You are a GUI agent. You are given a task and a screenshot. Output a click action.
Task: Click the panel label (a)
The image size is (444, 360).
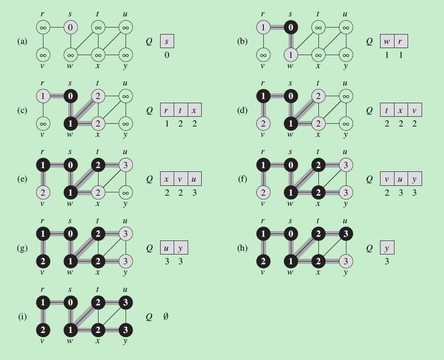(x=22, y=42)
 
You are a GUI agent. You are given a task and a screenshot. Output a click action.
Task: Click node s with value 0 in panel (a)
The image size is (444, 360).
(x=70, y=28)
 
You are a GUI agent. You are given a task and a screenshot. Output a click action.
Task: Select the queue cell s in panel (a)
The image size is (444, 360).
(x=167, y=42)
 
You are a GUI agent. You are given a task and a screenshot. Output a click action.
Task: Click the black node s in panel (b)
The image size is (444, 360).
(x=290, y=28)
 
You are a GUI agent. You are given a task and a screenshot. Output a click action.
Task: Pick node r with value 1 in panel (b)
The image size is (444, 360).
(x=263, y=28)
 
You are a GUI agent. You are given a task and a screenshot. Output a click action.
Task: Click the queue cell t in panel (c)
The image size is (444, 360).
(x=181, y=111)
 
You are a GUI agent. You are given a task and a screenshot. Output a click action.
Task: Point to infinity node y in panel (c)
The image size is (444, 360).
(x=125, y=124)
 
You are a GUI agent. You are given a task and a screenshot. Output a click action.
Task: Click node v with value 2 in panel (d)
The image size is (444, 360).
(x=263, y=124)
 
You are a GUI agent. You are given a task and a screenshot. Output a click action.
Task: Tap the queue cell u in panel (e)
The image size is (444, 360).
(x=195, y=179)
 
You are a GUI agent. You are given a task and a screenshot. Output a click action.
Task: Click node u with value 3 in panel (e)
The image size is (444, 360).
(x=125, y=165)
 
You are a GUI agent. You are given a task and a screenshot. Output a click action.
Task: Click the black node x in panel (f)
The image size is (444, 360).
(x=318, y=192)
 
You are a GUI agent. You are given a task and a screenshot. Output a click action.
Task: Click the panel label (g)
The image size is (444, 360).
(x=22, y=248)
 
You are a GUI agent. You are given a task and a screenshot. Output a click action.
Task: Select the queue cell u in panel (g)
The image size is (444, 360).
(x=167, y=248)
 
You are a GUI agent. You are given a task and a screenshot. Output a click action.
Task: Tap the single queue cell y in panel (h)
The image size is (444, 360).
(x=387, y=248)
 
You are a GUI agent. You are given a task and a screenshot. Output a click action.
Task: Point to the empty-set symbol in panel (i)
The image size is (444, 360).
(x=166, y=317)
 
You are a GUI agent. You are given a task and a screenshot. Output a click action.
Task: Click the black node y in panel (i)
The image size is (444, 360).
(x=125, y=330)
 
